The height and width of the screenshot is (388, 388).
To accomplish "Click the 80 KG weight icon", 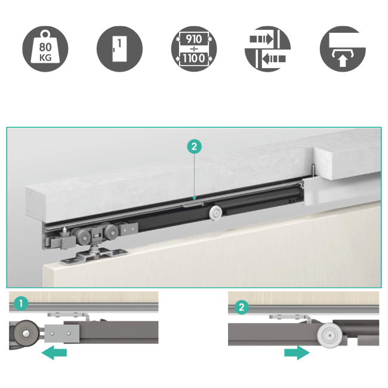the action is pos(45,49).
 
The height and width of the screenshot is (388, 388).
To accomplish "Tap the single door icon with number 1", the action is pos(119,49).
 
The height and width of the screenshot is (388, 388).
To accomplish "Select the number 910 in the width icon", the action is pos(194,39).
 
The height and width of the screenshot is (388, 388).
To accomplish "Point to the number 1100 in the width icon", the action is pos(194,58).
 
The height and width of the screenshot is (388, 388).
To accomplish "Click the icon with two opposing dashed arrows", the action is pos(267,49).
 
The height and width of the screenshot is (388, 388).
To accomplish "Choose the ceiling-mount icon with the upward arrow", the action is pos(343,49).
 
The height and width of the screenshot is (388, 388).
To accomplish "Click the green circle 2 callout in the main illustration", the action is pos(194,146).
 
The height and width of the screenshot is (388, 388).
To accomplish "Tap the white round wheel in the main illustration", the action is pos(216,213).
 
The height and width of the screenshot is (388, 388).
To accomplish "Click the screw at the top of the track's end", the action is pos(313,170).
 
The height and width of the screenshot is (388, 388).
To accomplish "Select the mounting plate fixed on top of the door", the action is pos(94,256).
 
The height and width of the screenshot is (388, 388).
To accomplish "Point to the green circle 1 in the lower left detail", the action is pos(21,303).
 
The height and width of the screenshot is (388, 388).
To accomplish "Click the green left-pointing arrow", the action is pos(54,352).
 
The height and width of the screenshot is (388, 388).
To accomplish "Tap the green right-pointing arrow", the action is pos(297,352).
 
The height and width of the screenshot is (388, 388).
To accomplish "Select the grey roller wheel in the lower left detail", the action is pos(26,333).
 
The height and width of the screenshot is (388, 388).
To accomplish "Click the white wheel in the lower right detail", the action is pos(330,335).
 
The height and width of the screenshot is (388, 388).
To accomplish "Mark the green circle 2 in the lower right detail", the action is pos(242,307).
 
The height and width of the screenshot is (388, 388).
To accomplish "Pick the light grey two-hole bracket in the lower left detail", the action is pos(62,333).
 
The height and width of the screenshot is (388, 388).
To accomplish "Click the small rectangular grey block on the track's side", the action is pos(128,229).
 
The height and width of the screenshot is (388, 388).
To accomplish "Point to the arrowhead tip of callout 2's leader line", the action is pos(194,200).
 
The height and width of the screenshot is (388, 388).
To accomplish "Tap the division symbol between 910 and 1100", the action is pos(194,48).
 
